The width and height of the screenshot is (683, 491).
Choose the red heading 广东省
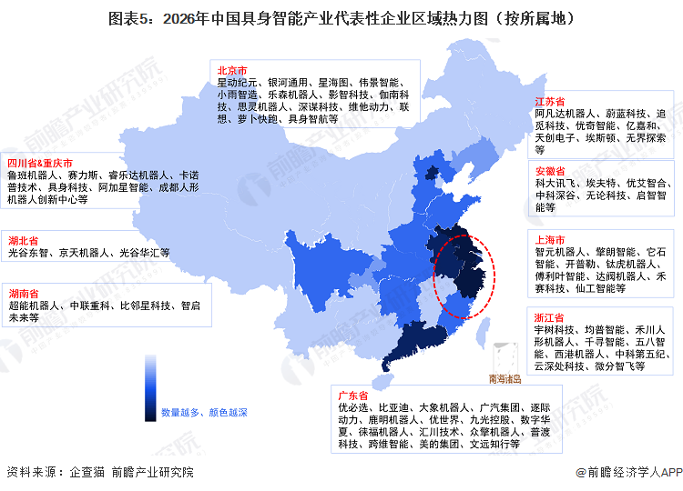pyautogui.click(x=352, y=396)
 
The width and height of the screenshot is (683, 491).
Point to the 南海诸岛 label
pyautogui.click(x=505, y=378)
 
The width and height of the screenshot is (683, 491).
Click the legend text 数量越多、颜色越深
pyautogui.click(x=204, y=412)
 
